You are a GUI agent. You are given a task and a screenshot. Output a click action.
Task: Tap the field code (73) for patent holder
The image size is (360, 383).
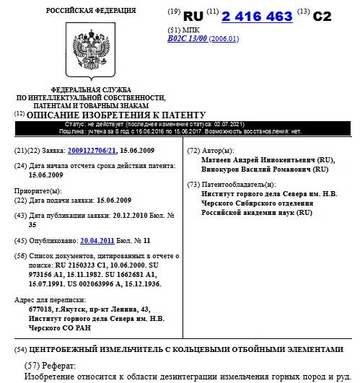pyautogui.click(x=193, y=185)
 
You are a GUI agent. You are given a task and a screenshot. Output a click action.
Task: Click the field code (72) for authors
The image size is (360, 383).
pyautogui.click(x=193, y=150)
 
